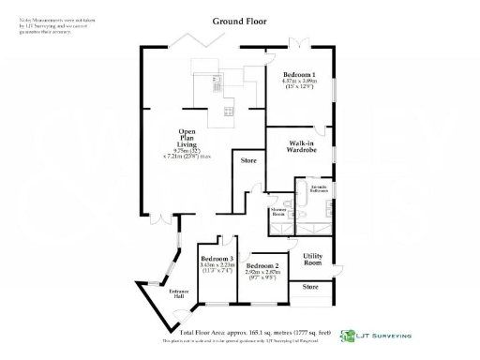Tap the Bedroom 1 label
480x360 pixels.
[300, 74]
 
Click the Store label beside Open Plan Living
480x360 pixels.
[248, 161]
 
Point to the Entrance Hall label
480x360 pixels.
[178, 293]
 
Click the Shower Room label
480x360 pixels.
[278, 213]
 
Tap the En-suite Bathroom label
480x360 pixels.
[320, 190]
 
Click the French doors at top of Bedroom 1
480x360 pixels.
[298, 42]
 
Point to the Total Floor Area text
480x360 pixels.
[255, 333]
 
